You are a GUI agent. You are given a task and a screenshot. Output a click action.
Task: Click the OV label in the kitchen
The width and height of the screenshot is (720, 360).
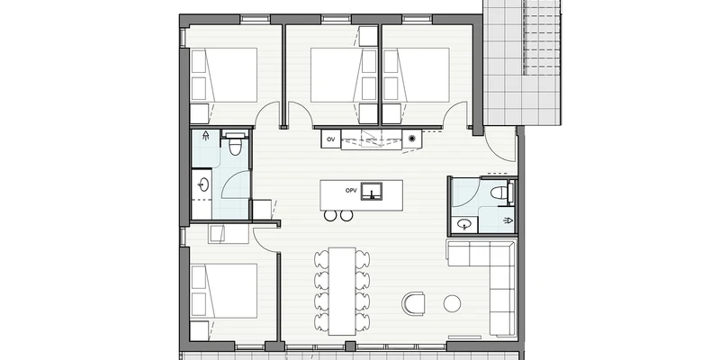[x=330, y=139]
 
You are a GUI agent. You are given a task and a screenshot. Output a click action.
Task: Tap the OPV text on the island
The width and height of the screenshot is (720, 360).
[x=351, y=190]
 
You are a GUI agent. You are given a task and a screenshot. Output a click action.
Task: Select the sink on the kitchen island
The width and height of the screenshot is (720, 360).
[x=371, y=192]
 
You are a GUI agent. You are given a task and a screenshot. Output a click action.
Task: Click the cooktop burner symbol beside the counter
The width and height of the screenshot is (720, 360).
[x=412, y=139]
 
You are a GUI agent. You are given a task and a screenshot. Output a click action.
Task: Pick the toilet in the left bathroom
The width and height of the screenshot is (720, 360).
[x=235, y=144]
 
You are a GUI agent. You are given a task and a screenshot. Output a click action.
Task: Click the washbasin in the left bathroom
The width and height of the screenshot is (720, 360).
[x=203, y=185]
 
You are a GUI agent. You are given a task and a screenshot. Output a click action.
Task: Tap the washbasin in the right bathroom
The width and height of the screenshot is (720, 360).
[x=465, y=224]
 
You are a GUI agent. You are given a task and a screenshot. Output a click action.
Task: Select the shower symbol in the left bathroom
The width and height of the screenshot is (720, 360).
[x=206, y=136]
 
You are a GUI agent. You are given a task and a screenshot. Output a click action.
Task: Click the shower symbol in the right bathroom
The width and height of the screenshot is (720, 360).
[x=508, y=220]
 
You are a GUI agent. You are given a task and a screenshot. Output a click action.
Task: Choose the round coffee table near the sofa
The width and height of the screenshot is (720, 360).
[x=452, y=303]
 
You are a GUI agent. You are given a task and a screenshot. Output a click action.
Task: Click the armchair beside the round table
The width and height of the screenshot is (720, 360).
[x=414, y=303]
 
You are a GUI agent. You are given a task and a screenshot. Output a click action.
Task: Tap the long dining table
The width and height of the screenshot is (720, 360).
[x=342, y=291]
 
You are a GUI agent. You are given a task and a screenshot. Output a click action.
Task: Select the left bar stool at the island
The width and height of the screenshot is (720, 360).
[x=330, y=215]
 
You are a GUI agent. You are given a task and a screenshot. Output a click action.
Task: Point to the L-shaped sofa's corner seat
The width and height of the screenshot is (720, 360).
[x=502, y=255]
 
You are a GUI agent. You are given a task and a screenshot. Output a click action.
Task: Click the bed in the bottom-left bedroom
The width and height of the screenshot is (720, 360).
[x=223, y=291]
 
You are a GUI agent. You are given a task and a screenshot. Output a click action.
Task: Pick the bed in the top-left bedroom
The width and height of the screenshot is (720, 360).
[x=223, y=75]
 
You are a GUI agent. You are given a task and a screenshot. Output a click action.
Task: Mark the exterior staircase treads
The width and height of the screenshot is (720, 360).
[x=542, y=38]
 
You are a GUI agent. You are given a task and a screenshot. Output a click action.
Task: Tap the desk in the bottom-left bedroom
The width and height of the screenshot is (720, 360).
[x=229, y=234]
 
